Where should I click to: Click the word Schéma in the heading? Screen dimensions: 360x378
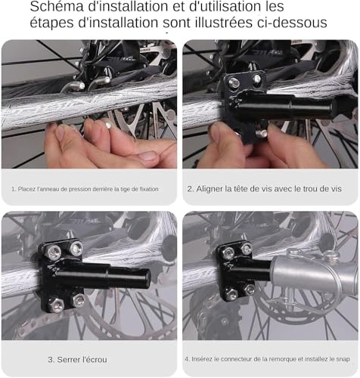click(x=57, y=6)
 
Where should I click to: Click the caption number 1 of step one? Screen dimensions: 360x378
click(x=14, y=189)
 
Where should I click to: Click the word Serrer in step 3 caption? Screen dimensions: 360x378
click(x=67, y=359)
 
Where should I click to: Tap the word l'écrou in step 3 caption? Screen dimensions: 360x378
click(x=94, y=359)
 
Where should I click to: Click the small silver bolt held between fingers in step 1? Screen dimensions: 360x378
click(x=108, y=125)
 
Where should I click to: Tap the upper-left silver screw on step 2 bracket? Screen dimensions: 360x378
click(x=234, y=82)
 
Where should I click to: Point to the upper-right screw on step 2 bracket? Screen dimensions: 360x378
click(x=256, y=79)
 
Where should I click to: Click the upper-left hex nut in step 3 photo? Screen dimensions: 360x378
click(x=54, y=253)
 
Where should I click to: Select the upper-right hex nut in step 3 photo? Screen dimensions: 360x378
click(x=76, y=249)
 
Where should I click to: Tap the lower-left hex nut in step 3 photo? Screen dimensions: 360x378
click(x=57, y=305)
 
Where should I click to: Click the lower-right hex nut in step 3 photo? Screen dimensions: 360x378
click(x=79, y=300)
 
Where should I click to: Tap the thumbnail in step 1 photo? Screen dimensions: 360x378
click(x=147, y=156)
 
